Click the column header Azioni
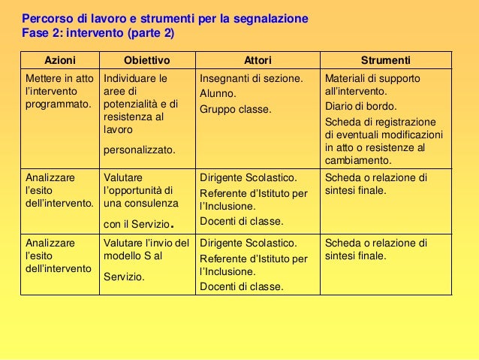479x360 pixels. click(x=59, y=59)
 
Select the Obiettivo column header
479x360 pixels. click(x=146, y=59)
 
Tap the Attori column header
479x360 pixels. click(x=258, y=59)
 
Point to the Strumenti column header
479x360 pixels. click(x=385, y=59)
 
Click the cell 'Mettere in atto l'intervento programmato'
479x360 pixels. click(x=59, y=91)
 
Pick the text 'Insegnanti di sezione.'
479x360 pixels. click(x=251, y=78)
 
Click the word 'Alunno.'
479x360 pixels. click(x=218, y=94)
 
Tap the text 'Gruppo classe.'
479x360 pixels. click(x=235, y=109)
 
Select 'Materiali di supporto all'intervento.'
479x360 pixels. click(x=372, y=84)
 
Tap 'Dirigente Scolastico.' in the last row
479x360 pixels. click(x=248, y=244)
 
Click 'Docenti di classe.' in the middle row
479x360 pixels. click(x=241, y=221)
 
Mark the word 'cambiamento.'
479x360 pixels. click(x=358, y=160)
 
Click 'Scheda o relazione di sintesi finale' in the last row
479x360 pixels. click(x=375, y=250)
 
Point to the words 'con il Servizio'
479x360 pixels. click(x=137, y=222)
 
